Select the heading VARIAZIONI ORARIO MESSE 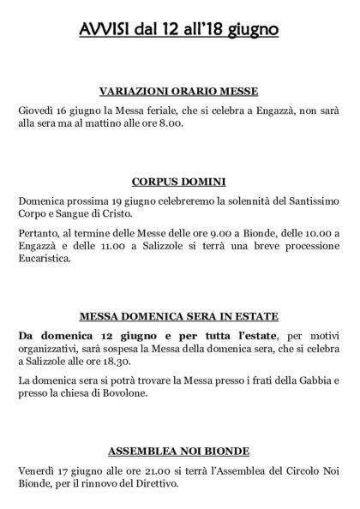click(x=179, y=93)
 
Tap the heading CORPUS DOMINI click(x=179, y=182)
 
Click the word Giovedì click(x=36, y=111)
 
